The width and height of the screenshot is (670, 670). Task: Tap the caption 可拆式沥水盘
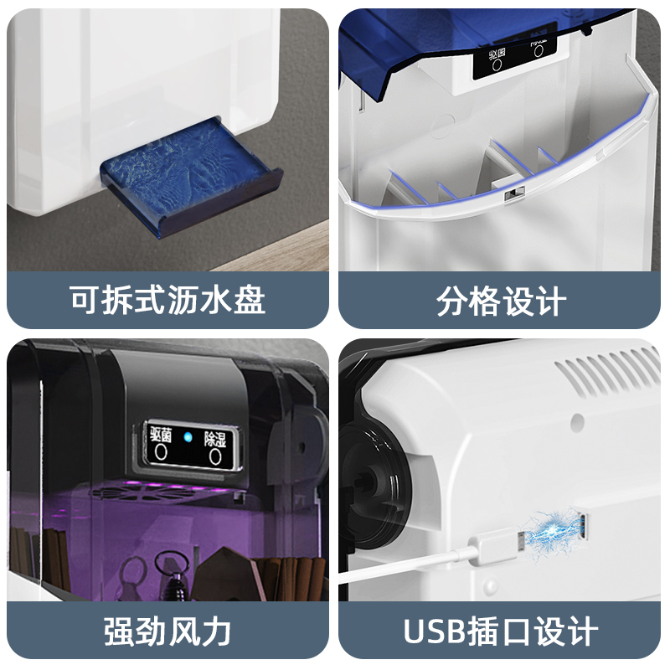[x=167, y=300]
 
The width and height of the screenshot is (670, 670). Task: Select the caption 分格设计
[x=501, y=300]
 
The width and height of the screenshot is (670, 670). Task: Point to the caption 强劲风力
[x=167, y=630]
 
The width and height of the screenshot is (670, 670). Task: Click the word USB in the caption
[x=435, y=631]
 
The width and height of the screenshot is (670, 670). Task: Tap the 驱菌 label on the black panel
[x=160, y=435]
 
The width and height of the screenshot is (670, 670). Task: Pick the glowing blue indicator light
[x=188, y=436]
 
